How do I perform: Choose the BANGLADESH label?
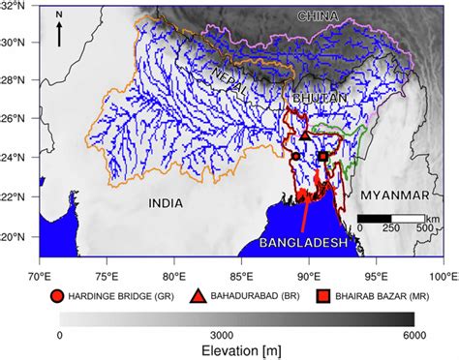[304, 243]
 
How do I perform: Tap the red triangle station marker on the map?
[306, 135]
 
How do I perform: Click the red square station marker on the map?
[323, 156]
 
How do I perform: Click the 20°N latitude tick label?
[21, 237]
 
